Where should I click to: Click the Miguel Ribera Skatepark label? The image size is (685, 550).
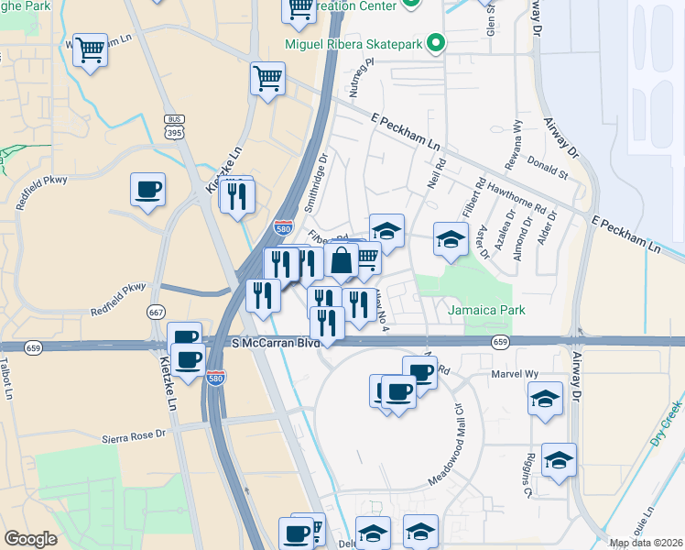(x=360, y=43)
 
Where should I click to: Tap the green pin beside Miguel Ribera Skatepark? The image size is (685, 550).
(x=436, y=43)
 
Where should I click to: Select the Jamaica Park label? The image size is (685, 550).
(x=486, y=310)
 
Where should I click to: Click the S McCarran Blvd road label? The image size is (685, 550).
(x=276, y=343)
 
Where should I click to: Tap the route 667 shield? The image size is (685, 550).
(x=156, y=313)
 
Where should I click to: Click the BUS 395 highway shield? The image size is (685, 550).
(x=174, y=127)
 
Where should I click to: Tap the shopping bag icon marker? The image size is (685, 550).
(x=341, y=260)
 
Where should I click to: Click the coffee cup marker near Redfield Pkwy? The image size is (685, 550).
(x=147, y=190)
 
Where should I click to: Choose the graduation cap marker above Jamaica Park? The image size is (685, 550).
(x=450, y=239)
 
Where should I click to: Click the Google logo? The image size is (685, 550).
(x=31, y=539)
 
